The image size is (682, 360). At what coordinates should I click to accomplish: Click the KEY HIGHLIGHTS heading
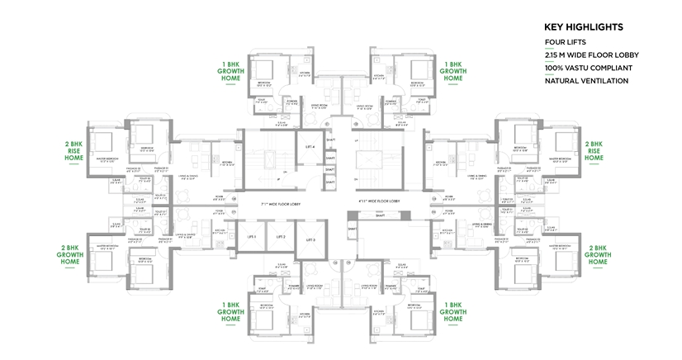(x=588, y=26)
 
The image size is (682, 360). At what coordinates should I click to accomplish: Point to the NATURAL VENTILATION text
(x=586, y=81)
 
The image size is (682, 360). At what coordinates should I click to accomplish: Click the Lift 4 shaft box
(x=310, y=145)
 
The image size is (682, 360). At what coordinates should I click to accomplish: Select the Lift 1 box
(x=250, y=237)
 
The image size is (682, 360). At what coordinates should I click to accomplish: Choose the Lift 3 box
(x=310, y=239)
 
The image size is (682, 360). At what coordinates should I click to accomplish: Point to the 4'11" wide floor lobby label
(x=382, y=200)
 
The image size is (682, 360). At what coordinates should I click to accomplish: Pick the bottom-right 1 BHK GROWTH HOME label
(x=452, y=312)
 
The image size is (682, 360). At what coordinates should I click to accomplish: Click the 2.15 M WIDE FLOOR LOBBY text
(x=586, y=54)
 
